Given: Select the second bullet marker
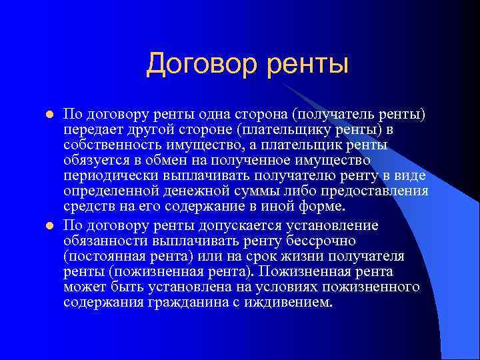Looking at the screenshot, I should [48, 225].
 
